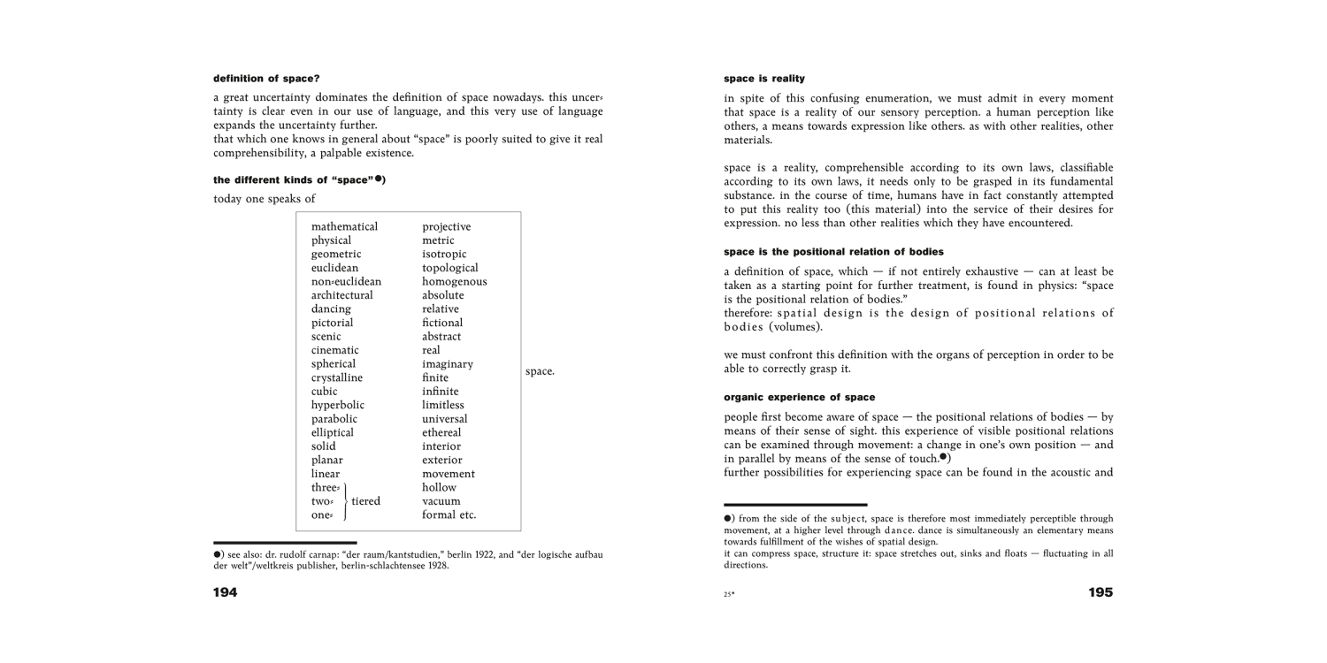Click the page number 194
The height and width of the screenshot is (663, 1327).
(226, 592)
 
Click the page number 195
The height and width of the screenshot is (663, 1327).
(1101, 592)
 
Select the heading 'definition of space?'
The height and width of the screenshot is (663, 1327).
(266, 79)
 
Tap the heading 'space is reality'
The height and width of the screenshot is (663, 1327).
(764, 79)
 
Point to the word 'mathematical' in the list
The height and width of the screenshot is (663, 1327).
(344, 226)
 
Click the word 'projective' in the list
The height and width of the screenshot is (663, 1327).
(446, 226)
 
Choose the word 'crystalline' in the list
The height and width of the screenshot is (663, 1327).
(336, 377)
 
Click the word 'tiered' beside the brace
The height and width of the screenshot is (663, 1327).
(365, 501)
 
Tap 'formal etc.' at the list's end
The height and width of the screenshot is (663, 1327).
(449, 514)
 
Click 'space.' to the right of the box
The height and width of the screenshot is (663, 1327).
(540, 371)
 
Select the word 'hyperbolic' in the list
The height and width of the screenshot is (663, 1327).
(337, 405)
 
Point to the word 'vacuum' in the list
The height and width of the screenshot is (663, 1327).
(441, 501)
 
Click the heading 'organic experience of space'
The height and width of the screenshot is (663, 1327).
(799, 397)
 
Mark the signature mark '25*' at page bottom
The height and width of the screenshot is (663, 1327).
(729, 595)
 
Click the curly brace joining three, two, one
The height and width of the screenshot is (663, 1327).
(344, 501)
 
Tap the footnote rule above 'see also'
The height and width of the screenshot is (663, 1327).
(285, 542)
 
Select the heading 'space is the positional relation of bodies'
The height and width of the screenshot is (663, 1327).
(833, 252)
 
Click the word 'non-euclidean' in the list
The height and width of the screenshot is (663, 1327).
(346, 281)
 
